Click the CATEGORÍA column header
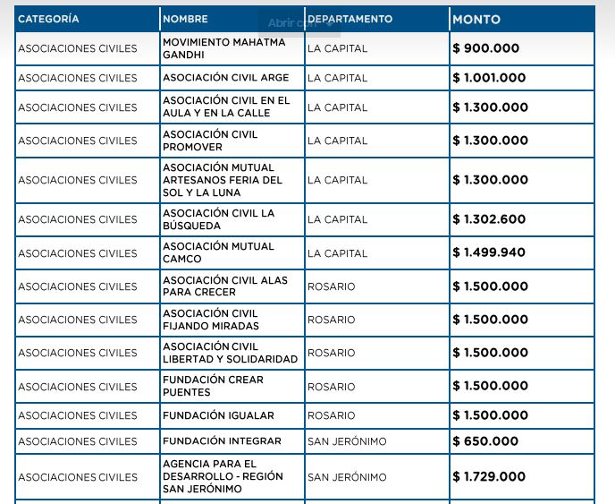48,19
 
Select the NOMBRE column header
185,19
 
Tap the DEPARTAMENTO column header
350,19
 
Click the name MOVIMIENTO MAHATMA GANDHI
223,48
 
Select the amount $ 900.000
485,48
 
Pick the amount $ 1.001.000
489,78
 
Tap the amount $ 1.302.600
489,219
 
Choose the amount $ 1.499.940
489,252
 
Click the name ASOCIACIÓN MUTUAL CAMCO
218,252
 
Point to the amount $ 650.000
485,441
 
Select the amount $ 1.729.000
489,477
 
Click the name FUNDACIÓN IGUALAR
218,415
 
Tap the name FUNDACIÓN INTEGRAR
222,441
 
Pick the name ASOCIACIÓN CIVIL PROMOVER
210,141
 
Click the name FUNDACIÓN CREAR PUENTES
213,386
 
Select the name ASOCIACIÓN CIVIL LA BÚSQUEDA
218,219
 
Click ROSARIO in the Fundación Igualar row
331,415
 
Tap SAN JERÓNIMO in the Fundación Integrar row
347,441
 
